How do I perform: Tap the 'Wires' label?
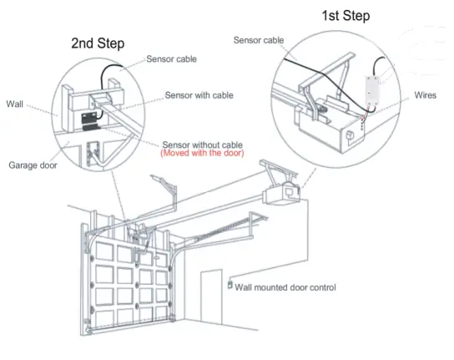point(425,95)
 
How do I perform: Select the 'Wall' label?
point(15,104)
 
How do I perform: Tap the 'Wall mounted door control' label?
point(285,287)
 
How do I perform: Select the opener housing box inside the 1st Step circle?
point(334,129)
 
